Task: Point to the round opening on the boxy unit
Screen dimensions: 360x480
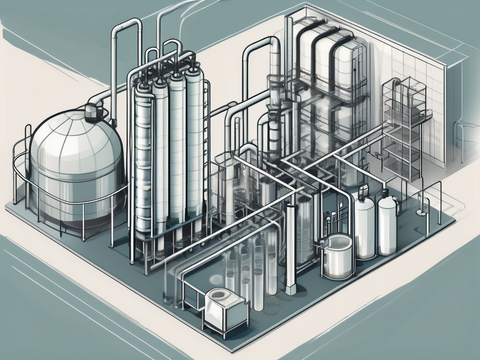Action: pyautogui.click(x=219, y=295)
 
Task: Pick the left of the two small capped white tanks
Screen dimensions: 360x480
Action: pyautogui.click(x=364, y=227)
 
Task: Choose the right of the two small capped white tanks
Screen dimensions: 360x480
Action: pyautogui.click(x=387, y=225)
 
